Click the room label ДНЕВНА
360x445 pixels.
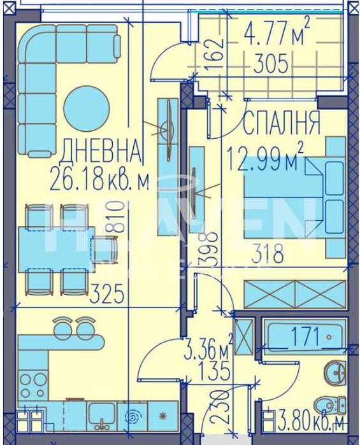click(100, 151)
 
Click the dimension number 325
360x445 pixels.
click(105, 293)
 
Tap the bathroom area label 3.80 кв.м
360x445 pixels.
click(312, 420)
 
